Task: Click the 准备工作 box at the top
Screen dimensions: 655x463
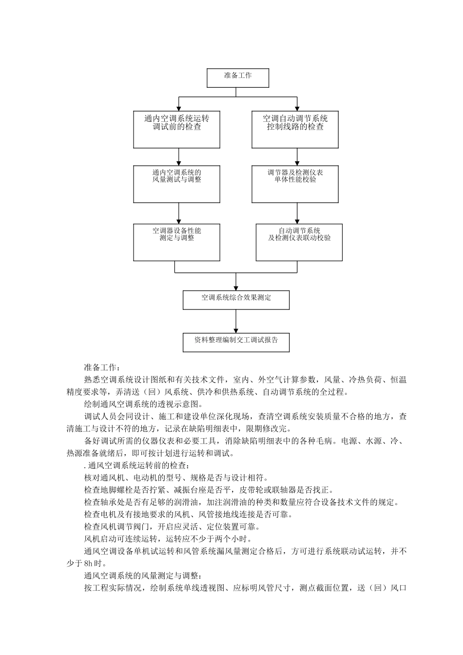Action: pos(238,78)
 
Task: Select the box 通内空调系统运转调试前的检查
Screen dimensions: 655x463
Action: pos(176,129)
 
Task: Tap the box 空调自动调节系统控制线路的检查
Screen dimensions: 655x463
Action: pos(295,129)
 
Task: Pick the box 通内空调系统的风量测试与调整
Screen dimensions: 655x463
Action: pos(176,184)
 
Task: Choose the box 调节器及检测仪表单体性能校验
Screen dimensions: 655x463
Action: pos(295,184)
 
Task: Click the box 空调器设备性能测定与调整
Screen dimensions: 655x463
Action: pos(176,242)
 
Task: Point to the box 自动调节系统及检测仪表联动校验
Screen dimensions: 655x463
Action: pos(299,242)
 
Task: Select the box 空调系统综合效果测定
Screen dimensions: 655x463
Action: pos(236,300)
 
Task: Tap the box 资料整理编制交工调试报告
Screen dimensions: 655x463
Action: pos(236,342)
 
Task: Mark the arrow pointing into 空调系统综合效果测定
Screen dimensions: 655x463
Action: pos(236,287)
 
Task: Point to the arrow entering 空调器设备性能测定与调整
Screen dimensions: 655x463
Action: pos(179,220)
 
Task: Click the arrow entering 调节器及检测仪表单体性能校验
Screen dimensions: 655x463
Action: pos(297,162)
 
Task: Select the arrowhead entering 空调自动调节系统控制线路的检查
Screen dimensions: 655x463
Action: pos(297,108)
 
